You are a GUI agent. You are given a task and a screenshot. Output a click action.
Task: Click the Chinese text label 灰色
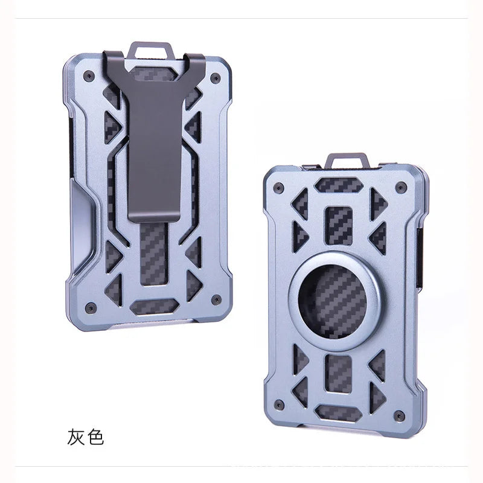pyautogui.click(x=86, y=436)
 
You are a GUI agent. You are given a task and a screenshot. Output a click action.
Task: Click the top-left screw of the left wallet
pyautogui.click(x=89, y=75)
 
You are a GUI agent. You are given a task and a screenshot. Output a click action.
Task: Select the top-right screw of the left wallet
pyautogui.click(x=216, y=78)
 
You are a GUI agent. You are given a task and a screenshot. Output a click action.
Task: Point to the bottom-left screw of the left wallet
pyautogui.click(x=91, y=307)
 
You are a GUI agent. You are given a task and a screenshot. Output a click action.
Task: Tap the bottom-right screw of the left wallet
pyautogui.click(x=217, y=299)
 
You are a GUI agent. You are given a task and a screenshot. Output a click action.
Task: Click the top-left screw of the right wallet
pyautogui.click(x=279, y=187)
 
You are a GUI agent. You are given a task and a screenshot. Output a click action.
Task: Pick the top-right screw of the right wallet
pyautogui.click(x=401, y=187)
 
